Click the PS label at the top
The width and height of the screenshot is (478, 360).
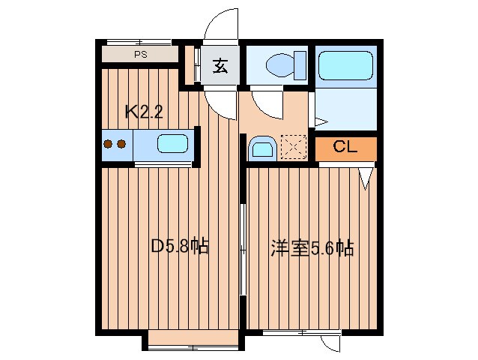[x=140, y=55]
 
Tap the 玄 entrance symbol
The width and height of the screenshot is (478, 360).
[x=220, y=67]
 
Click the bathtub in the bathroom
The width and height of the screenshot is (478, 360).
[x=345, y=66]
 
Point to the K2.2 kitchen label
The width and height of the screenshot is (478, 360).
[x=144, y=112]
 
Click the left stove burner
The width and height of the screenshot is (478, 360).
[x=108, y=144]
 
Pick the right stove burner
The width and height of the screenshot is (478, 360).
[x=121, y=144]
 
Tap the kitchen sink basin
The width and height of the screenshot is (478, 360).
[x=173, y=143]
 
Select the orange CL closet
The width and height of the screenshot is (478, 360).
[x=345, y=148]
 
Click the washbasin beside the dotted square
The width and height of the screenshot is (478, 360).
[x=261, y=148]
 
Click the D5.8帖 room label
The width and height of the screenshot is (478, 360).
[x=180, y=245]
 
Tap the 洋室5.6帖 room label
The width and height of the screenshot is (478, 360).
[x=312, y=248]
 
